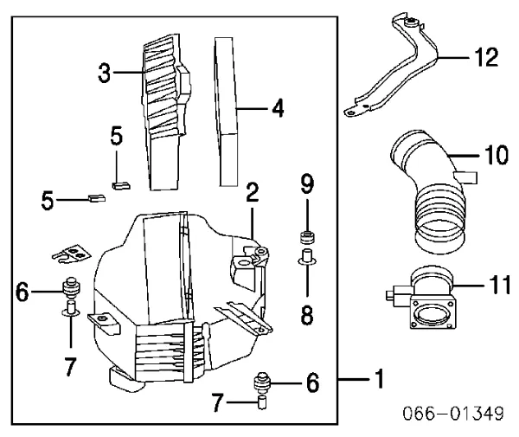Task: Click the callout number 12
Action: [x=486, y=57]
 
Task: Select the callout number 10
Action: [x=497, y=155]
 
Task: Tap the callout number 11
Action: [x=500, y=285]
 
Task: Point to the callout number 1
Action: [x=380, y=379]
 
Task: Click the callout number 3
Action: [x=105, y=74]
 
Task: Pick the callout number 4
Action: [x=278, y=108]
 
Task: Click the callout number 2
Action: [x=253, y=192]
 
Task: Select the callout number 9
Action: [x=307, y=184]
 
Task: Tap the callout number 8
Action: [x=307, y=315]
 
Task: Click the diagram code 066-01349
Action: [x=453, y=413]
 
